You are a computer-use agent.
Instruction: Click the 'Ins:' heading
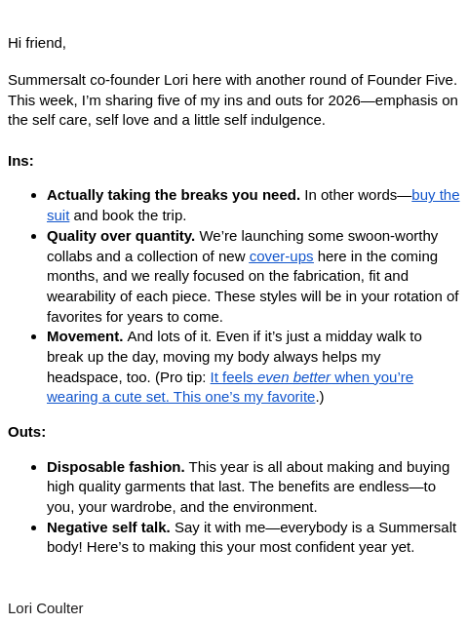click(x=20, y=160)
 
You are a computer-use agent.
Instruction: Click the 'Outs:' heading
click(x=26, y=431)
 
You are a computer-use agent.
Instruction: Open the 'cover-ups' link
click(x=281, y=255)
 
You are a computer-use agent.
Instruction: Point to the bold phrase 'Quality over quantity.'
click(x=121, y=235)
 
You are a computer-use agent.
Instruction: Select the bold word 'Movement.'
click(x=85, y=335)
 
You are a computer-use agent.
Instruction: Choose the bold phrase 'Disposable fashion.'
click(x=115, y=466)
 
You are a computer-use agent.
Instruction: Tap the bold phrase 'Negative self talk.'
click(x=108, y=526)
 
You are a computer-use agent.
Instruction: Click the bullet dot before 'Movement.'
click(x=34, y=336)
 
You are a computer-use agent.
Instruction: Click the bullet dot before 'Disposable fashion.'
click(x=34, y=467)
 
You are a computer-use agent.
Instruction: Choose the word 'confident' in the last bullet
click(x=335, y=546)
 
